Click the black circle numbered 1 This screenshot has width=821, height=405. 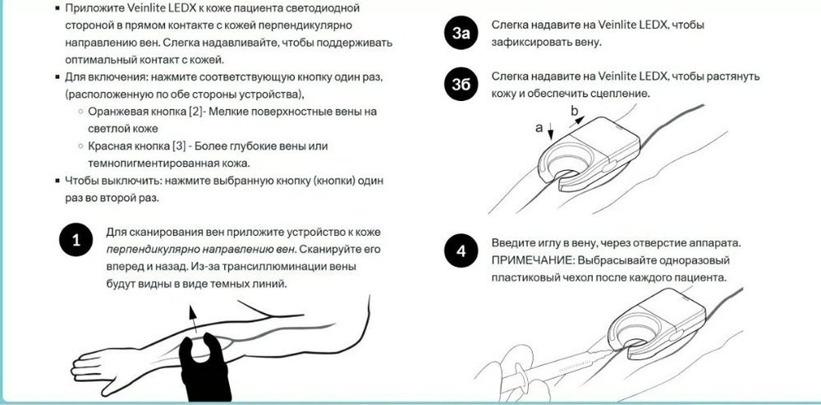tap(76, 241)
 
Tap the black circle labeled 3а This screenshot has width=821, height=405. tap(461, 33)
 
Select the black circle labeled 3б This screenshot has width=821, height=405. tap(461, 84)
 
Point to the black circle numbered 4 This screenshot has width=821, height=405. tap(461, 251)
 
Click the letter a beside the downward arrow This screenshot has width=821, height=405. tap(539, 128)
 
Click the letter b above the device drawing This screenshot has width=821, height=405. tap(575, 110)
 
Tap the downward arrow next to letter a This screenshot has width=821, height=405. tap(551, 131)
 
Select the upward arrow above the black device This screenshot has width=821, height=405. tap(193, 319)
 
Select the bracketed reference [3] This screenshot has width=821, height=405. tap(178, 145)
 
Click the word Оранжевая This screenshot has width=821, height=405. tap(113, 112)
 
